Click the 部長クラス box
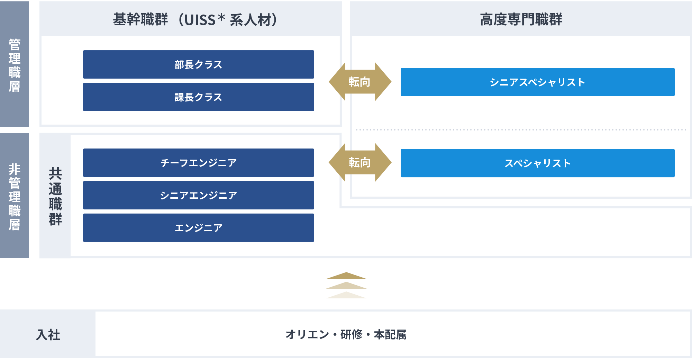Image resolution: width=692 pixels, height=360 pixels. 198,64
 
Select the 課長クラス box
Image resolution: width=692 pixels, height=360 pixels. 198,97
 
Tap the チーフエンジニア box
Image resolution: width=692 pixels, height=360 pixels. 198,163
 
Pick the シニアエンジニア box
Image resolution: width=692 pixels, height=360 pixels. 198,195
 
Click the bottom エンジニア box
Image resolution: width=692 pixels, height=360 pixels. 198,228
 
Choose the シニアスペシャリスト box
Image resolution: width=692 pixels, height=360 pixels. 537,82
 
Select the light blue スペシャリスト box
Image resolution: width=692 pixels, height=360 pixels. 537,163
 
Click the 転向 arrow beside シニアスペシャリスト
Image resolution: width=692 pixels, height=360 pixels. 360,82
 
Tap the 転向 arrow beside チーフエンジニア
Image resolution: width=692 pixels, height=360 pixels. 360,162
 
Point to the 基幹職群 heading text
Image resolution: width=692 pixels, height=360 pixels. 140,19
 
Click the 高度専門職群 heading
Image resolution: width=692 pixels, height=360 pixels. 521,19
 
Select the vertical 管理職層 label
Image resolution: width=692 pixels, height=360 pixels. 15,65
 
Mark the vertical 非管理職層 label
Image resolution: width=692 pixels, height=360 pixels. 15,197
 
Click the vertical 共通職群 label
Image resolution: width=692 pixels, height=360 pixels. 55,196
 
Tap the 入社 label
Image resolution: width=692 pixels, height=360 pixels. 48,335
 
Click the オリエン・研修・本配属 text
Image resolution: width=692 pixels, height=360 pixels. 346,334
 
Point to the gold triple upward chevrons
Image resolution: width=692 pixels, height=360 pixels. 346,285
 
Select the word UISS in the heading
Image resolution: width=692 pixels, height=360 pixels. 200,20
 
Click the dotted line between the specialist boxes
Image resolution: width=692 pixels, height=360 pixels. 521,130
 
